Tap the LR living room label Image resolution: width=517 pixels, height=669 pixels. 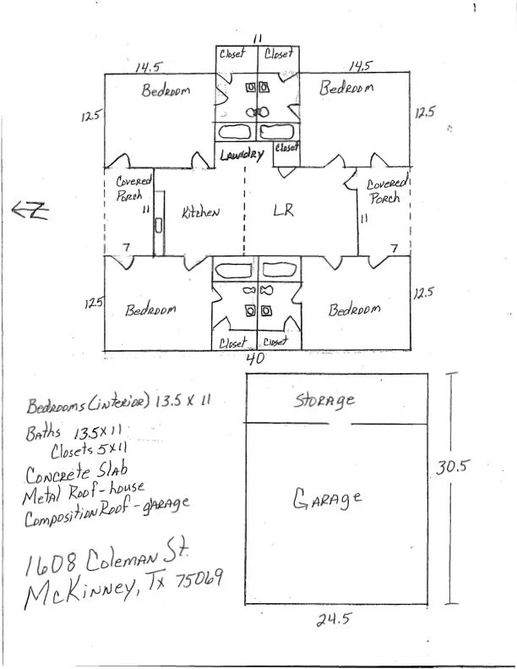tap(283, 211)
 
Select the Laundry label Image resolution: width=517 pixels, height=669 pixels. tap(242, 155)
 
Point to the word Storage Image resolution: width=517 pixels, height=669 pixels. tap(324, 399)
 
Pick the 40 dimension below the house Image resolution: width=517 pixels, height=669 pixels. tap(255, 359)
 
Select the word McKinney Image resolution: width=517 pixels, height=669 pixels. tap(81, 595)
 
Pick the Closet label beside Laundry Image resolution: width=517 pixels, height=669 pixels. tap(287, 148)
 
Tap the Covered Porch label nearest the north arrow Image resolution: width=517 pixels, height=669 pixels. tap(133, 188)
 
